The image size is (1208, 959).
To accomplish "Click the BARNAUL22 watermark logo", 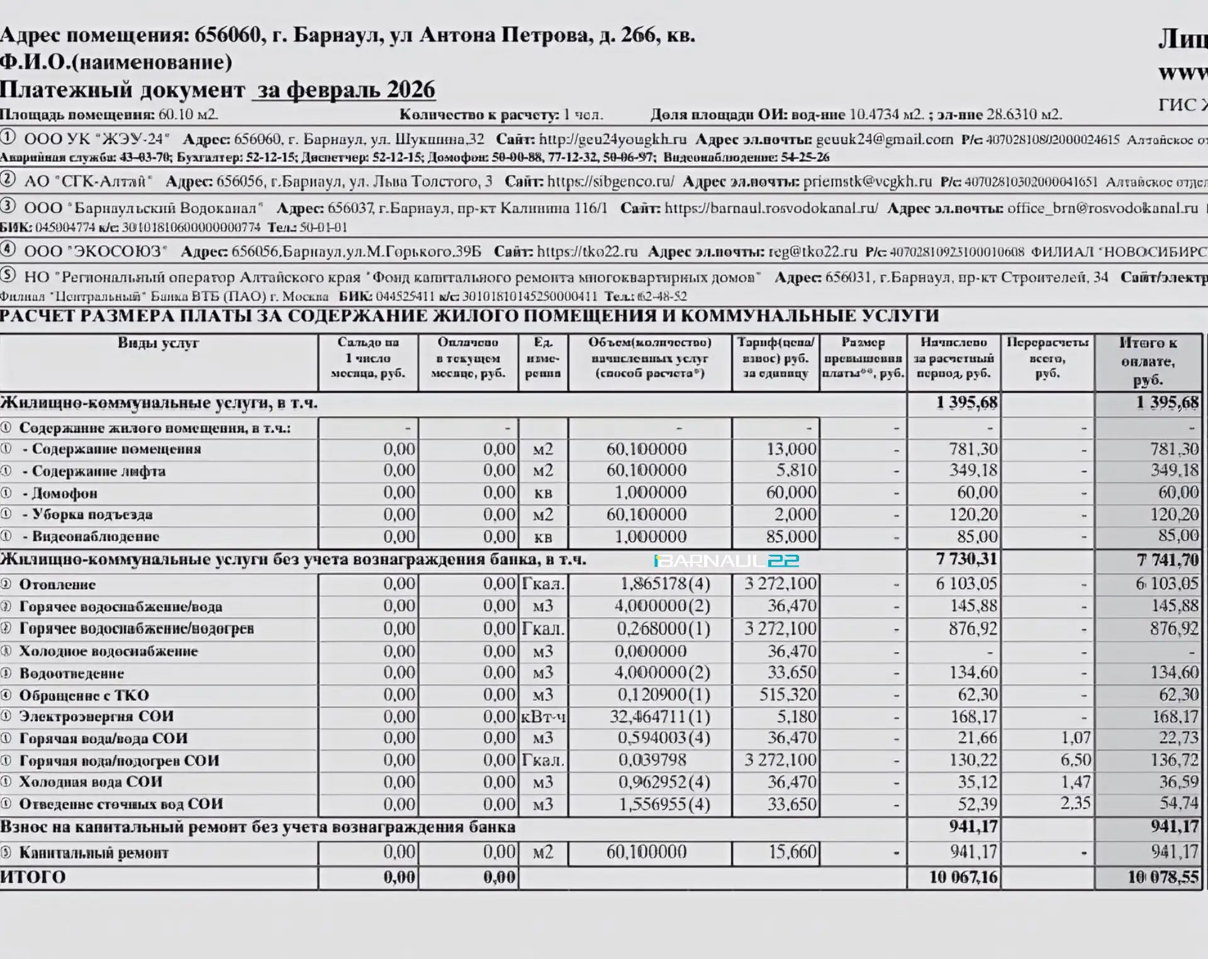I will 727,560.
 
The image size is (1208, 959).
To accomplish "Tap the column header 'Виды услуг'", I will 158,343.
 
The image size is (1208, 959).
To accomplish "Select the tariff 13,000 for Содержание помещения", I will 791,449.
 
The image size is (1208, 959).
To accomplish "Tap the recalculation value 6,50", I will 1075,760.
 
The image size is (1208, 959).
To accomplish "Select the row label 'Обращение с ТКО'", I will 84,695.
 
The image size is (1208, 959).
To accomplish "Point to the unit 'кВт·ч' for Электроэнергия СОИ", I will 544,717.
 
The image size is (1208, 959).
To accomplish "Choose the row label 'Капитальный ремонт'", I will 94,853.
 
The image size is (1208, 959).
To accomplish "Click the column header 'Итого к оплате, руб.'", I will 1148,361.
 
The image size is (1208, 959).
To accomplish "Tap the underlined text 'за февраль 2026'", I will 345,90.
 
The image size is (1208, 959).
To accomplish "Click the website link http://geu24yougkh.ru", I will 612,139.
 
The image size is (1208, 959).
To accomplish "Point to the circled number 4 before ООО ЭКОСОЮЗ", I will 8,249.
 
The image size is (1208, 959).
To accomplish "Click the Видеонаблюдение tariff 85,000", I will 791,536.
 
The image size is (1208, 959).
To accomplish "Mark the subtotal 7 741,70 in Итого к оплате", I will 1167,560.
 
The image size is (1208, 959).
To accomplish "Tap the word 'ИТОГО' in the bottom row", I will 33,877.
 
